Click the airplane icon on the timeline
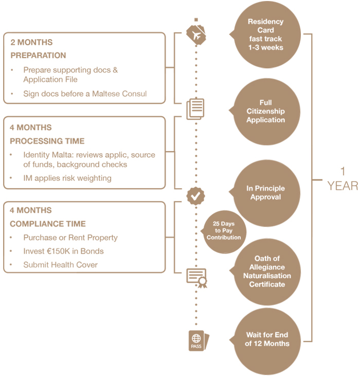195,35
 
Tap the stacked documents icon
195,109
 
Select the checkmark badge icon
195,195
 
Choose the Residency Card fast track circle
266,35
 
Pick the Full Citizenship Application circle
266,112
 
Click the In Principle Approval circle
266,193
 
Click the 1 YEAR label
342,178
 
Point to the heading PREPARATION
38,56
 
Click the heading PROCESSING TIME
47,141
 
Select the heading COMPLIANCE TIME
47,224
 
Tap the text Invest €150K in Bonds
63,251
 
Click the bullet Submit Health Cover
60,265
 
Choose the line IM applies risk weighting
67,178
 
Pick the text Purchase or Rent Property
70,238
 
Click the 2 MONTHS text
31,42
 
